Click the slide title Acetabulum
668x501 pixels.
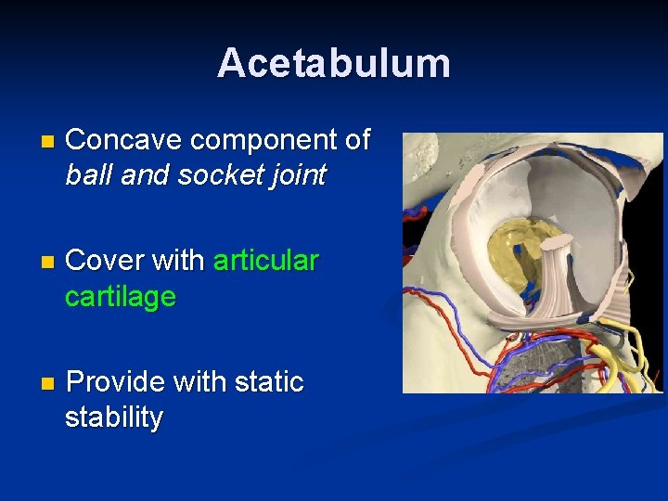coord(334,63)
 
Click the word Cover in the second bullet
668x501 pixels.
coord(102,261)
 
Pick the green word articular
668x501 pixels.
coord(266,261)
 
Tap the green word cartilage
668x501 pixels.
coord(121,297)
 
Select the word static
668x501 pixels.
coord(269,382)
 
